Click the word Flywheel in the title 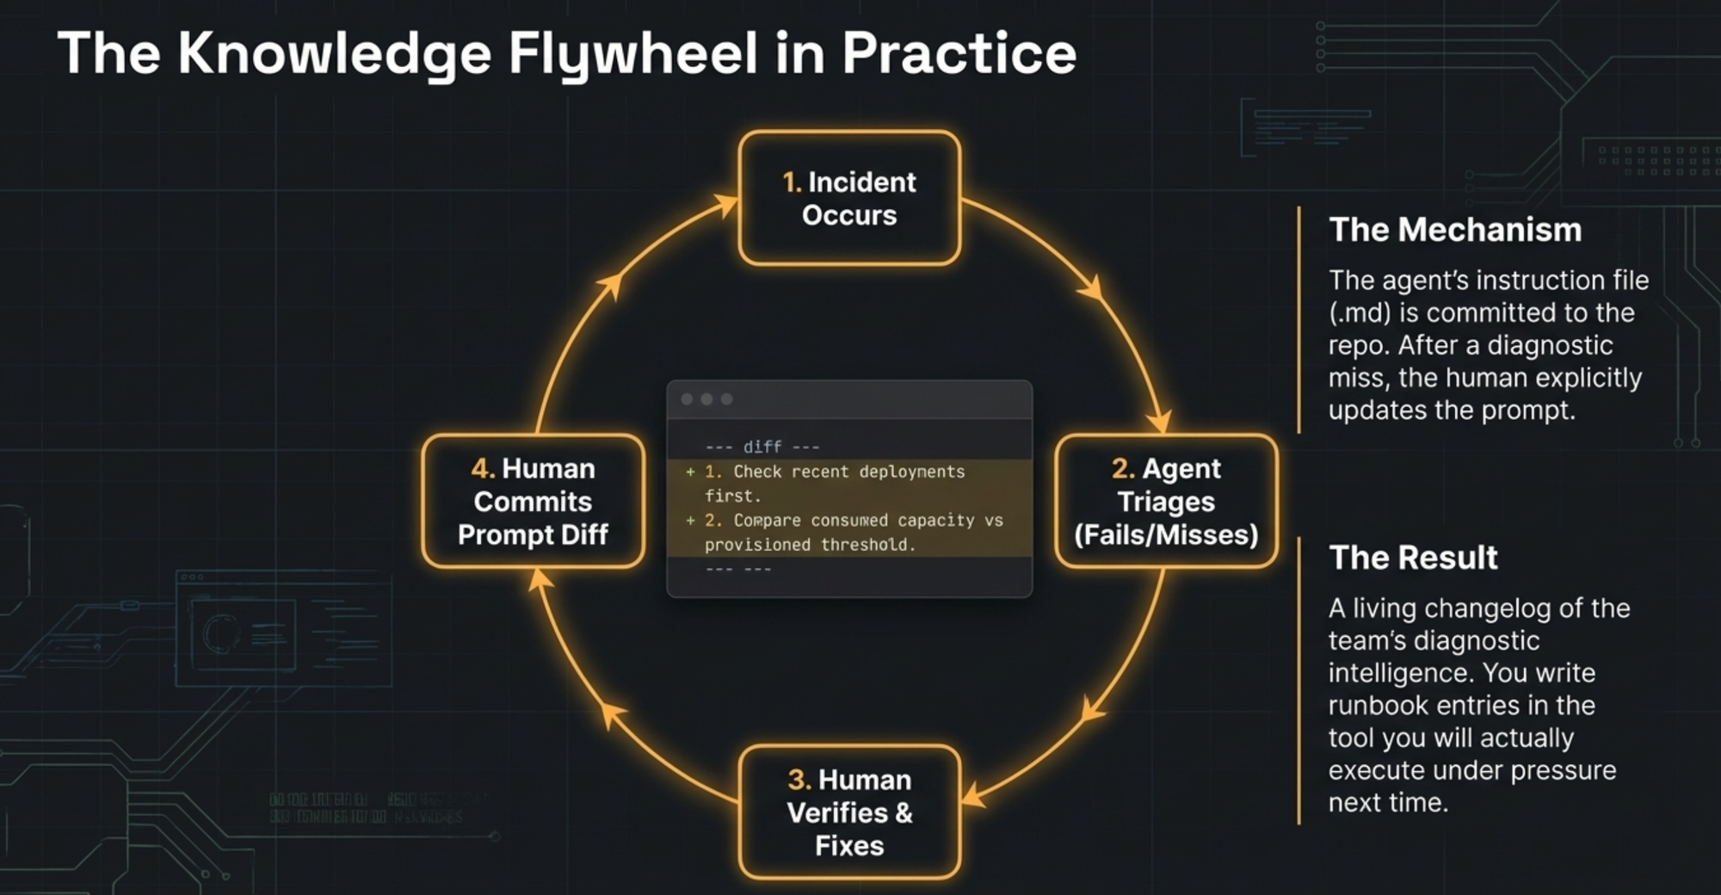pos(632,53)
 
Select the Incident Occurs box pos(849,198)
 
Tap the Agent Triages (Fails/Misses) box pos(1166,501)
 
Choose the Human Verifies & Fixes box pos(849,812)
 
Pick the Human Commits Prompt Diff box pos(533,501)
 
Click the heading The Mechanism pos(1455,230)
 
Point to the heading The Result pos(1413,557)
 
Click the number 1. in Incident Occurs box pos(792,182)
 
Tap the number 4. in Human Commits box pos(483,468)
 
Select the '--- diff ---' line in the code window pos(762,447)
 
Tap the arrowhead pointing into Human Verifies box pos(972,795)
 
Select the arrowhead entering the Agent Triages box pos(1162,423)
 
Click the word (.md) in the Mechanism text pos(1360,312)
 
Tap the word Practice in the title pos(959,53)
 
